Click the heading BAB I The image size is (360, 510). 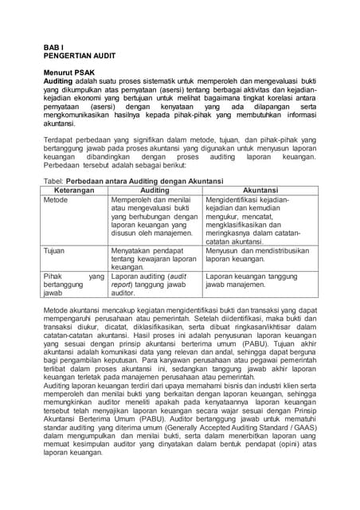pos(53,47)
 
